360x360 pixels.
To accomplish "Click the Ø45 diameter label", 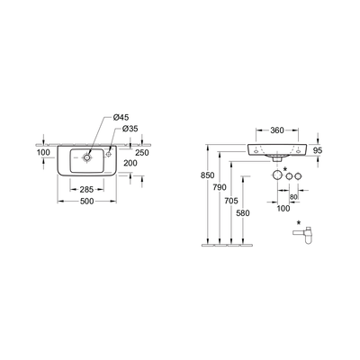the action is pyautogui.click(x=121, y=118).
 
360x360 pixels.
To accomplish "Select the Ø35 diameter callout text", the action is pyautogui.click(x=130, y=129).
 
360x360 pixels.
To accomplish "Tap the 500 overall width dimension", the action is pyautogui.click(x=87, y=202).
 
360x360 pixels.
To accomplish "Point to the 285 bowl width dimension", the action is pyautogui.click(x=87, y=190).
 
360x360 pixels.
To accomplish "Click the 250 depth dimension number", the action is pyautogui.click(x=142, y=153).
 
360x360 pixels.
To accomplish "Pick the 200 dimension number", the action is pyautogui.click(x=130, y=163).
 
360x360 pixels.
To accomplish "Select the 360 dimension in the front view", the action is pyautogui.click(x=277, y=130).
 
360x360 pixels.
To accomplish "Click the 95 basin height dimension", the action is pyautogui.click(x=318, y=150).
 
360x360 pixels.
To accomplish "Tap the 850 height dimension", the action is pyautogui.click(x=207, y=175).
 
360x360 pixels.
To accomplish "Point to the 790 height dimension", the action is pyautogui.click(x=220, y=187).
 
